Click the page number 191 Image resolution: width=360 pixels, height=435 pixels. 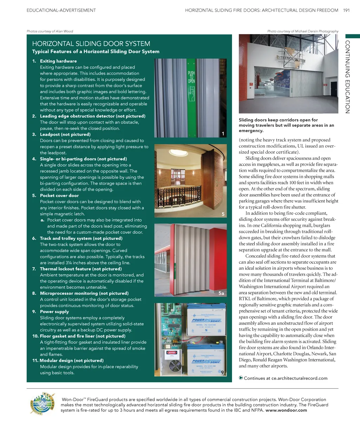click(346, 10)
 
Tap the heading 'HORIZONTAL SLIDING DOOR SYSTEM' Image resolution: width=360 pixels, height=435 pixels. click(91, 44)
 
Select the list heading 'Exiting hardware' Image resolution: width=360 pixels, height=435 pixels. click(58, 61)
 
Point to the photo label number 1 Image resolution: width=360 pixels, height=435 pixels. click(223, 134)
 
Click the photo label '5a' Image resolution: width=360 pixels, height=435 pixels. click(221, 293)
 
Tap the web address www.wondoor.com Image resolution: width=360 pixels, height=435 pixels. click(286, 410)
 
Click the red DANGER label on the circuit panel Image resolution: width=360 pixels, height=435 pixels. click(172, 352)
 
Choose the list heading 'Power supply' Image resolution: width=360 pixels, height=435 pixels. click(54, 312)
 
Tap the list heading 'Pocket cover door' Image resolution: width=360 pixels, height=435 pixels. click(59, 196)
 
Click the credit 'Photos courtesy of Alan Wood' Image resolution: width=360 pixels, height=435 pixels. click(50, 31)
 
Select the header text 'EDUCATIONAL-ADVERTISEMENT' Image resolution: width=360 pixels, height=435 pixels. click(61, 10)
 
